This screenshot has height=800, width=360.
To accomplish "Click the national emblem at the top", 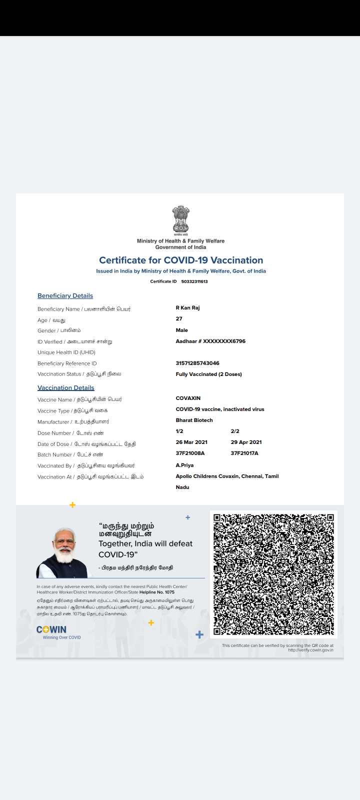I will (180, 220).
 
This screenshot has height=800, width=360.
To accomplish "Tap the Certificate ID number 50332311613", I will (194, 281).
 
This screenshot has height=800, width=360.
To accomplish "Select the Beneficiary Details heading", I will (65, 295).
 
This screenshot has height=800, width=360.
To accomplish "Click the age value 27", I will (179, 318).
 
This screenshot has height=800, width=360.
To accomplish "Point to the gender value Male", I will (182, 330).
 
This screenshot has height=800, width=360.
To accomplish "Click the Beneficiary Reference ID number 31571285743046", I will (197, 363).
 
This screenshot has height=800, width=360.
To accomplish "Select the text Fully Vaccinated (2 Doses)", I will (208, 374).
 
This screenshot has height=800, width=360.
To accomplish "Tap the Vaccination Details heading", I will (65, 387).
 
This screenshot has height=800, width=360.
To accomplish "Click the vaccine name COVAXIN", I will (188, 398).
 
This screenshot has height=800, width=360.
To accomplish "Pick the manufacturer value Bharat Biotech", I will (194, 420).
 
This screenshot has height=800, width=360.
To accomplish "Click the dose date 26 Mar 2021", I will (191, 442).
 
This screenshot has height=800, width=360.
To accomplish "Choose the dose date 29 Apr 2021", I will (246, 442).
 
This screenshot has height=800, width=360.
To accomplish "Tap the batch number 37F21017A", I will (244, 453).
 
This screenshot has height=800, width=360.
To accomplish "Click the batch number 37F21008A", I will (190, 453).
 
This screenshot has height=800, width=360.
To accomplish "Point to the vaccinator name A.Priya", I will (184, 465).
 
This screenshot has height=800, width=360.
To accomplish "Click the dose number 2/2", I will (235, 431).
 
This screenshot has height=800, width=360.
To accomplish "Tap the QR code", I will (273, 574).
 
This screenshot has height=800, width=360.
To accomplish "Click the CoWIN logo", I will (52, 630).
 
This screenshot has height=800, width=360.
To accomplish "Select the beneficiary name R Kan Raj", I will (187, 307).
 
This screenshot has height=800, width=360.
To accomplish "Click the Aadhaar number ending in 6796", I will (210, 341).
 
